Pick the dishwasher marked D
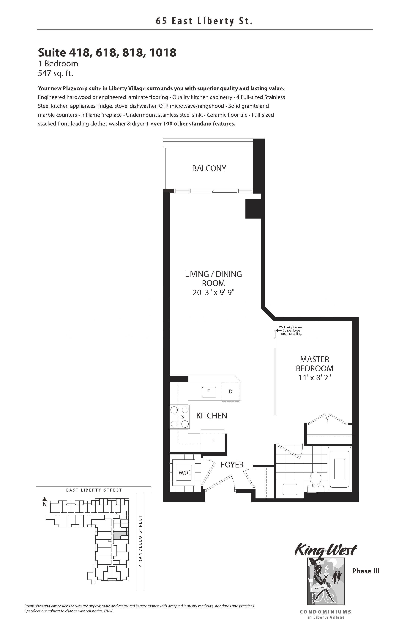click(231, 391)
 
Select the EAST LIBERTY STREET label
click(94, 490)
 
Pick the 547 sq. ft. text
click(55, 73)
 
